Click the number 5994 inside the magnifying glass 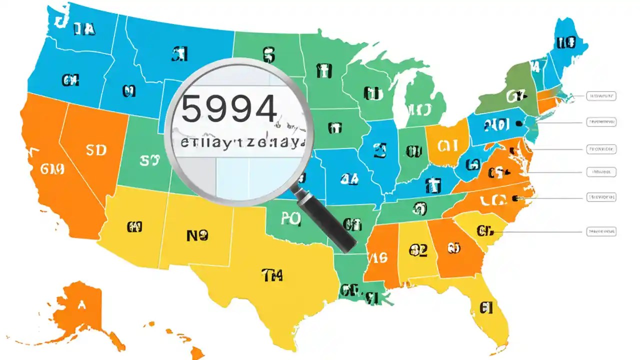click(228, 109)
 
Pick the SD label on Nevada click(96, 150)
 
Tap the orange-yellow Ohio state click(447, 145)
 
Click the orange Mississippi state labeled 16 click(378, 258)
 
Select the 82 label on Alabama click(417, 250)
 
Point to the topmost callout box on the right click(601, 95)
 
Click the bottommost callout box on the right click(601, 231)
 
